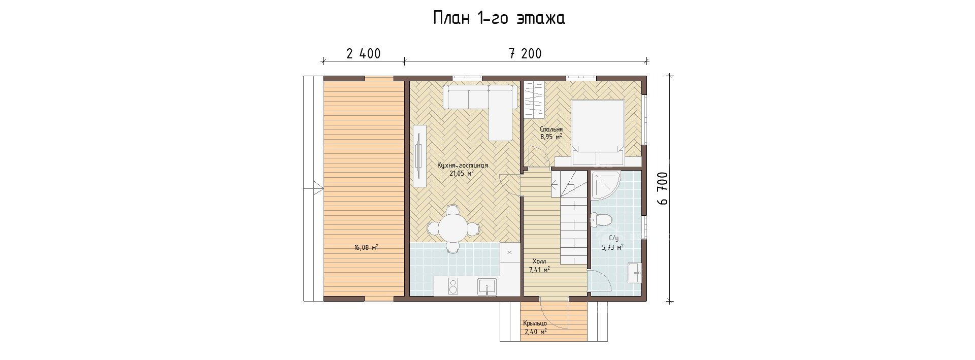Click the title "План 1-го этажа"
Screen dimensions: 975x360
point(498,18)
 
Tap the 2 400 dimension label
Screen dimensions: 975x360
point(364,54)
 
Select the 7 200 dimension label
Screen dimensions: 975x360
point(525,54)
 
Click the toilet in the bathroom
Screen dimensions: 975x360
point(601,220)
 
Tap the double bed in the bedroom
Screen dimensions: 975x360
point(598,133)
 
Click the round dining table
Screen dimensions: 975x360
point(98,228)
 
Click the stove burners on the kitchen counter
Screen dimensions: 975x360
point(97,286)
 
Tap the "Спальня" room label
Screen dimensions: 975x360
point(551,129)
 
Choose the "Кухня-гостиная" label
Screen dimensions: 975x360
point(463,165)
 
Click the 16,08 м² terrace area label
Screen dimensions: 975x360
point(366,247)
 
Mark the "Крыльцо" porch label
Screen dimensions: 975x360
point(535,323)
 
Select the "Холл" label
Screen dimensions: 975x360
point(539,261)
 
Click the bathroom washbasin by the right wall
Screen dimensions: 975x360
point(634,273)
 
